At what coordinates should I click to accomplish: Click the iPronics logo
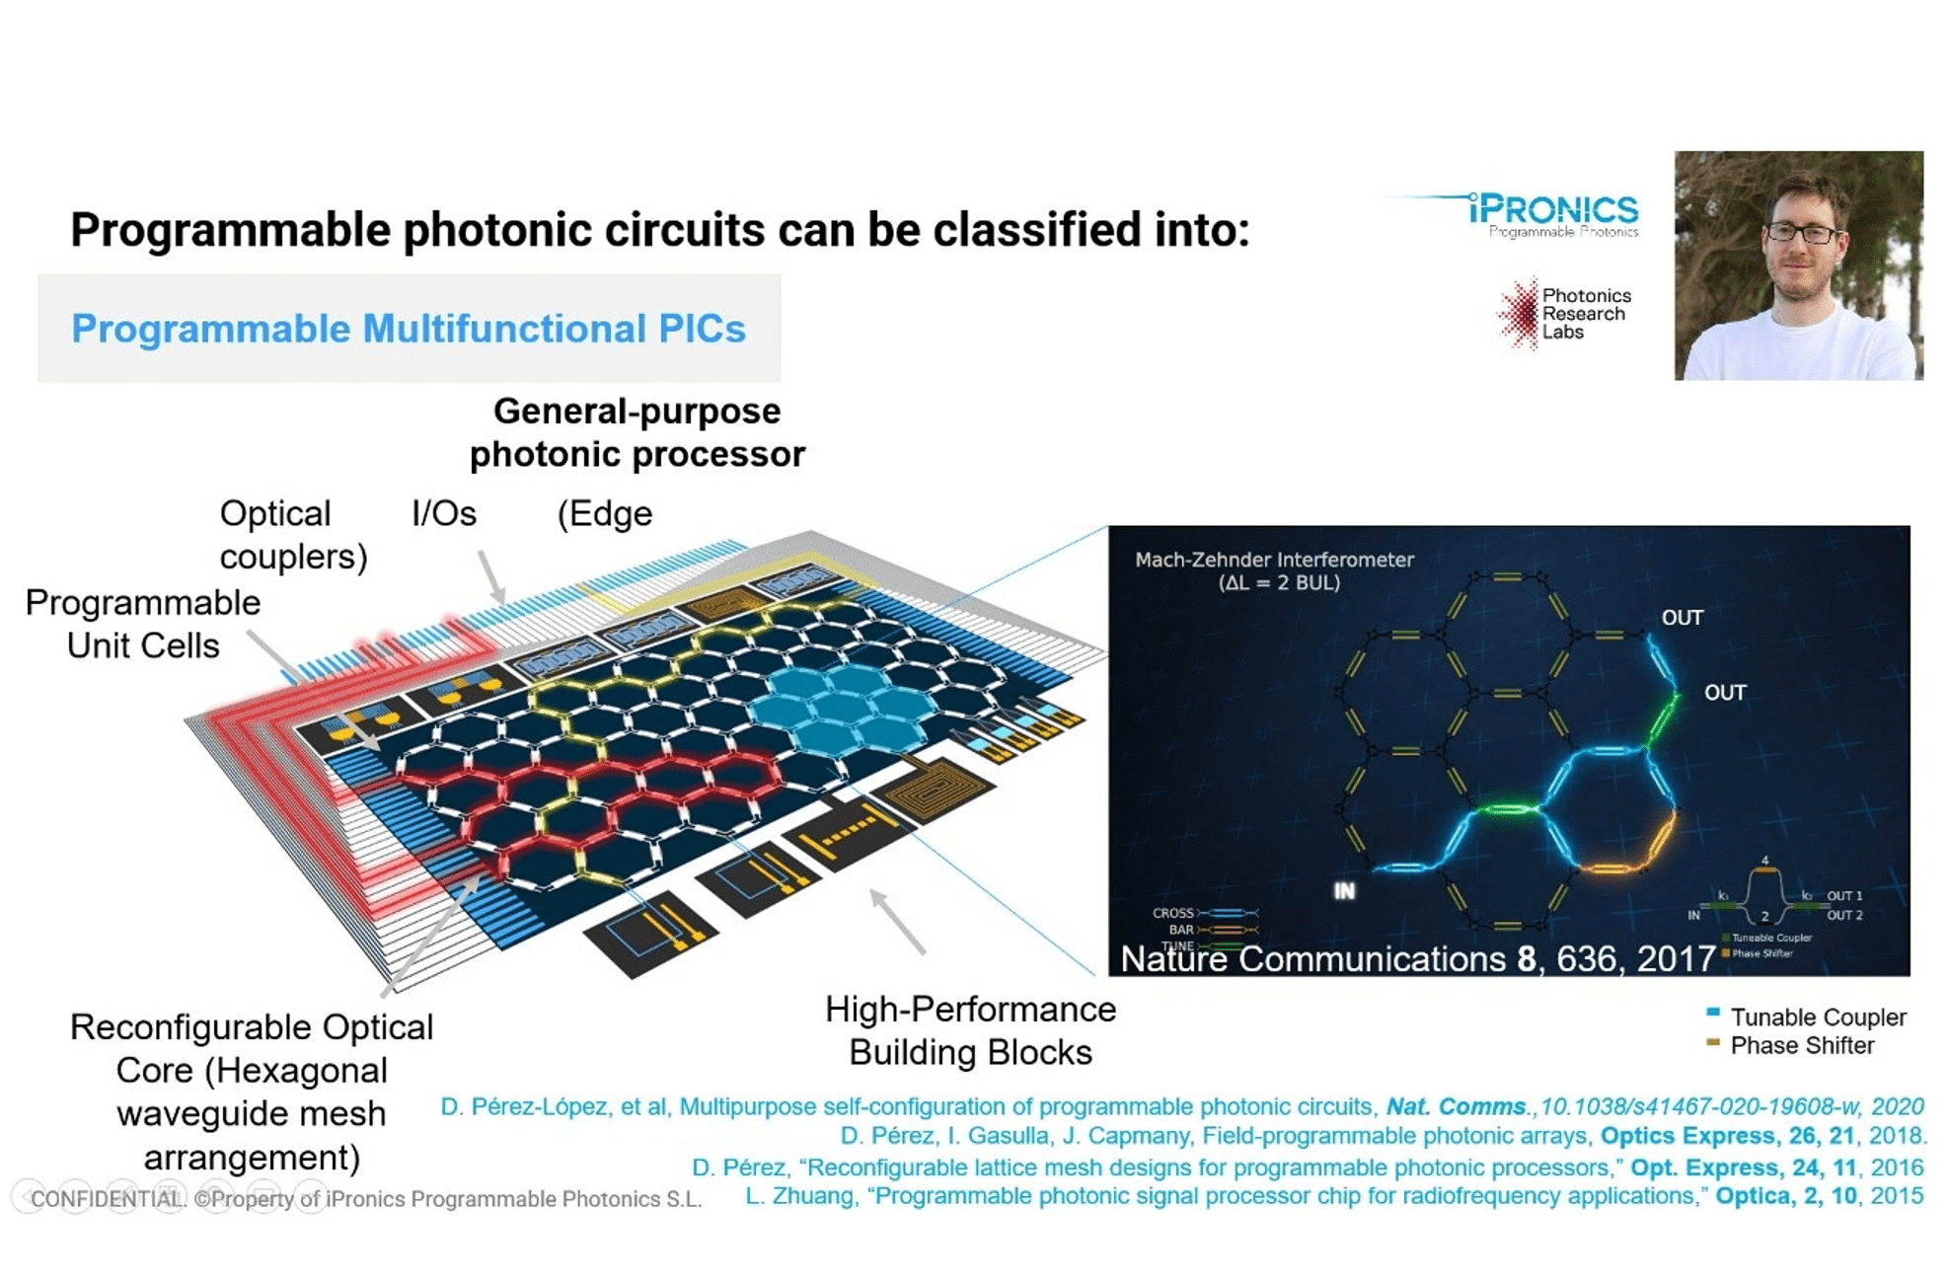[x=1553, y=212]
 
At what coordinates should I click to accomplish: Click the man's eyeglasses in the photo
[x=1804, y=233]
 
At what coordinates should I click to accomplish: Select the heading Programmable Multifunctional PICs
[x=409, y=329]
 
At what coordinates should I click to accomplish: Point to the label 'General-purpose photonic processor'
[x=637, y=432]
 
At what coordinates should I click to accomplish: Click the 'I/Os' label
[x=443, y=513]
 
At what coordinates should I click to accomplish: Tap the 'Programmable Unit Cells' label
[x=143, y=624]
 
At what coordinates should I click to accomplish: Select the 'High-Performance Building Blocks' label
[x=970, y=1030]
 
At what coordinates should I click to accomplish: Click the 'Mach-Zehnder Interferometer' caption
[x=1274, y=560]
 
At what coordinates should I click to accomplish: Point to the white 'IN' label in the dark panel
[x=1344, y=891]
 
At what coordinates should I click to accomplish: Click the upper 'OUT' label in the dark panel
[x=1682, y=618]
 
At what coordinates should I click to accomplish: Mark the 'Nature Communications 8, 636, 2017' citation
[x=1417, y=958]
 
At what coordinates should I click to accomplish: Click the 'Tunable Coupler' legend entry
[x=1817, y=1017]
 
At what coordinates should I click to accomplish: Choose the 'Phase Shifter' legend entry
[x=1801, y=1045]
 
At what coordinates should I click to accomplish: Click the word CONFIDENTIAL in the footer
[x=108, y=1199]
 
